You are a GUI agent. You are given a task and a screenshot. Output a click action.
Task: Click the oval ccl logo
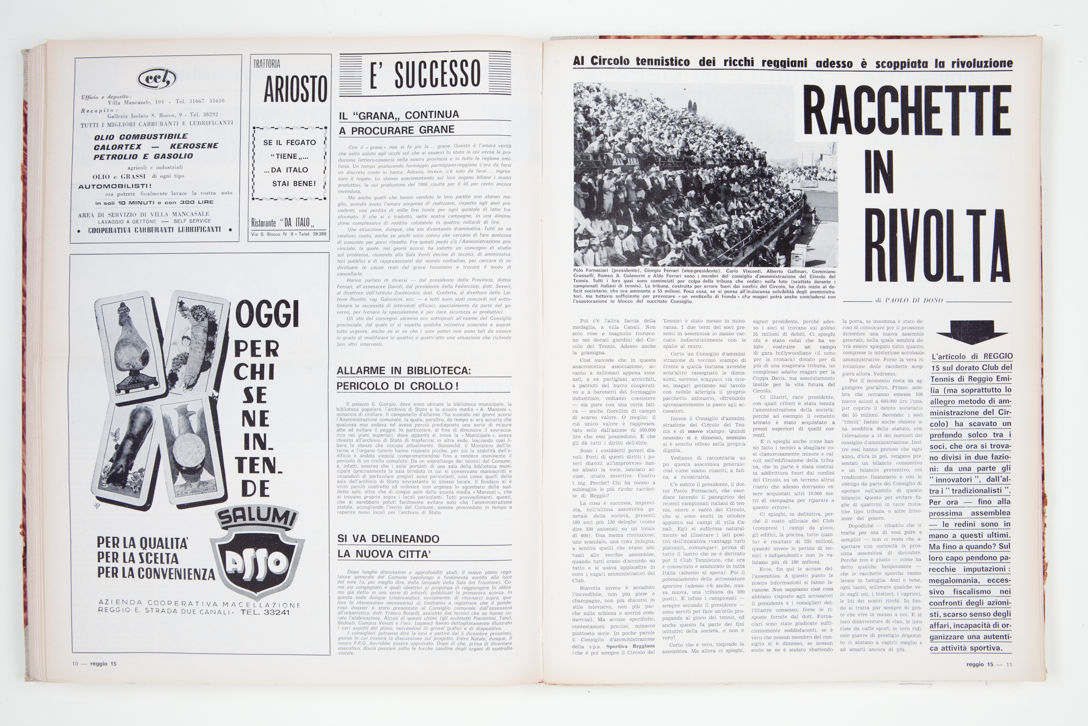click(157, 78)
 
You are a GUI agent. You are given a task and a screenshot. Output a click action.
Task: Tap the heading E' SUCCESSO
click(425, 73)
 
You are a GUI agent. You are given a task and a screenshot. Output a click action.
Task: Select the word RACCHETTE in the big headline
click(906, 110)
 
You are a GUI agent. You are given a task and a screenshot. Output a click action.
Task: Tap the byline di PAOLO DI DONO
click(909, 300)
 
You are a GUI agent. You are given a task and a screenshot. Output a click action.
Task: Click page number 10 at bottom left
click(75, 663)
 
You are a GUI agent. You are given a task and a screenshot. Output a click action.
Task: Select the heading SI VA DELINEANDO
click(389, 538)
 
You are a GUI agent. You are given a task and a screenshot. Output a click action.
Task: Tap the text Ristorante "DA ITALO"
click(283, 223)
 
